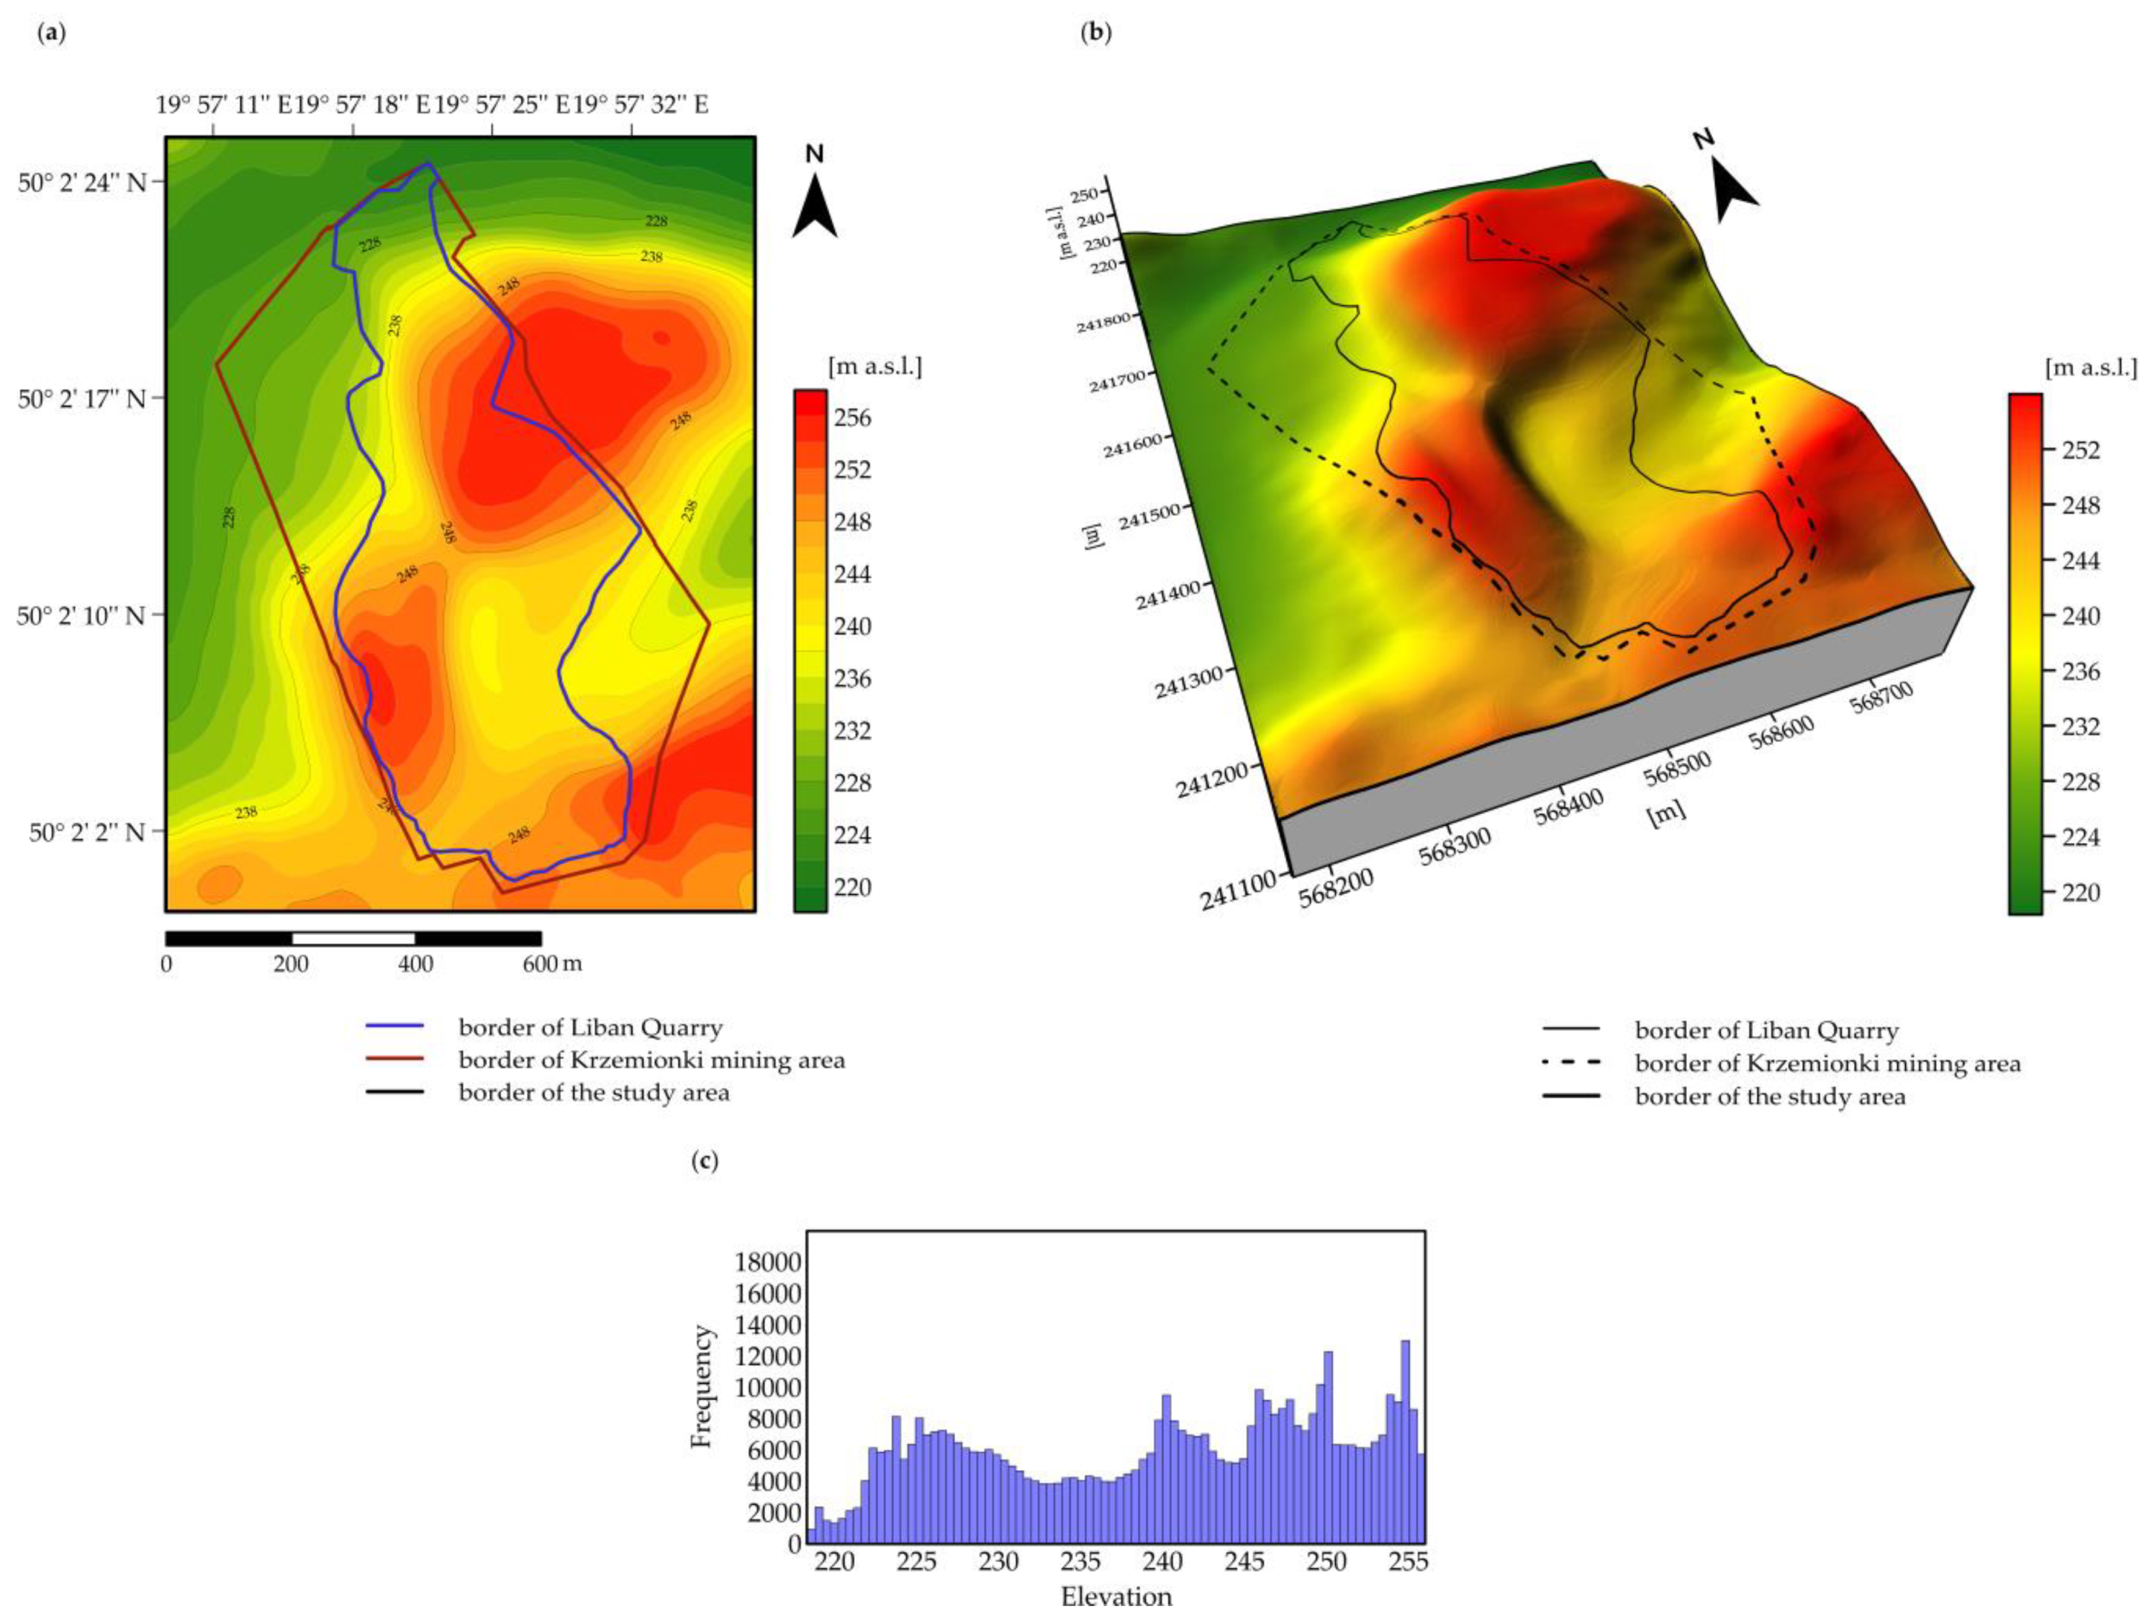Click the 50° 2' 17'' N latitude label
(81, 399)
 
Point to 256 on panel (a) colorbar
(852, 418)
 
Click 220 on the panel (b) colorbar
(2080, 893)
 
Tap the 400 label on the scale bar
(415, 964)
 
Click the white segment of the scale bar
(353, 939)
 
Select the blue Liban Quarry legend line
(395, 1026)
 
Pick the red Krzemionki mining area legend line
(395, 1059)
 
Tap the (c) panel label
(705, 1160)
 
